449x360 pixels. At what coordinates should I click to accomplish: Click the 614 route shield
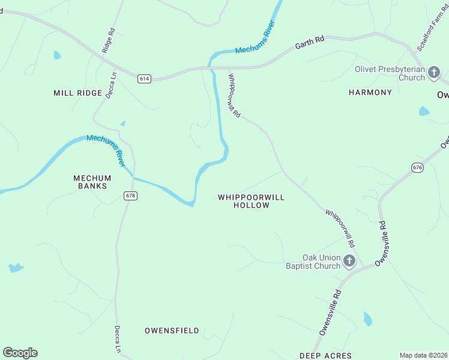click(x=143, y=79)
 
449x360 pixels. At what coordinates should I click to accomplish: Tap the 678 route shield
click(x=130, y=196)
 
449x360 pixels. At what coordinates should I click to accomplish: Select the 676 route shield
click(x=418, y=167)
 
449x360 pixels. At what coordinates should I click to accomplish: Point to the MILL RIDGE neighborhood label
click(x=77, y=93)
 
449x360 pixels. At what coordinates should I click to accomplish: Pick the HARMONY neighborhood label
click(x=370, y=92)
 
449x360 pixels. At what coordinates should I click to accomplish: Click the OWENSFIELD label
click(x=172, y=331)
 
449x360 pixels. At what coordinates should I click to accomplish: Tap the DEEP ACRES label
click(x=325, y=356)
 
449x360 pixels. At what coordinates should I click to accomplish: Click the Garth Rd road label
click(x=310, y=42)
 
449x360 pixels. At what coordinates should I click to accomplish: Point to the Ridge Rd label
click(x=108, y=41)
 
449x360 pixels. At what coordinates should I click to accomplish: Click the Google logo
click(x=20, y=353)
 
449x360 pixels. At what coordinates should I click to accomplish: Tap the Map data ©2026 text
click(x=424, y=355)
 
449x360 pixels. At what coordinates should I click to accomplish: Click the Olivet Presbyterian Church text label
click(x=390, y=73)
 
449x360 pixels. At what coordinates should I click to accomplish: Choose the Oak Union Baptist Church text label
click(x=313, y=262)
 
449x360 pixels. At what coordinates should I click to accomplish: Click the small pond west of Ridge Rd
click(x=57, y=55)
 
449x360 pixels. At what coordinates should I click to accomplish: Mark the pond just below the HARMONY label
click(x=424, y=111)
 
